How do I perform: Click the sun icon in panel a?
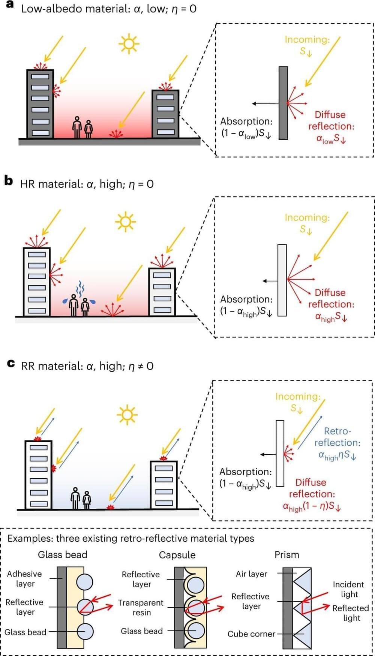click(x=128, y=43)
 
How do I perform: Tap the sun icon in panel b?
click(x=125, y=222)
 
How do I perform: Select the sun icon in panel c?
click(x=127, y=415)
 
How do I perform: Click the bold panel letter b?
click(x=8, y=181)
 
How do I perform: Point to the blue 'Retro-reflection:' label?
click(x=337, y=437)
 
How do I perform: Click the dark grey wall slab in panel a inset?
click(x=283, y=103)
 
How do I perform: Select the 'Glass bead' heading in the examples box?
click(x=63, y=554)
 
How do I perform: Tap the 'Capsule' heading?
click(x=177, y=555)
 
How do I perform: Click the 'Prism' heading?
click(x=287, y=554)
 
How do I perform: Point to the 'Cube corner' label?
click(x=251, y=634)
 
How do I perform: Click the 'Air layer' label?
click(x=251, y=574)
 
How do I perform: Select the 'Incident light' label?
click(x=348, y=589)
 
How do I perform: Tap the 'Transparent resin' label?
click(x=141, y=607)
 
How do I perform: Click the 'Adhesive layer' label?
click(x=24, y=578)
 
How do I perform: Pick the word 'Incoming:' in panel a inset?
click(x=307, y=39)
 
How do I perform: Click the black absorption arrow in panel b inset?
click(x=270, y=281)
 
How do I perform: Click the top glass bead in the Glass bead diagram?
click(x=84, y=581)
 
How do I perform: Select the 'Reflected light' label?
click(x=351, y=613)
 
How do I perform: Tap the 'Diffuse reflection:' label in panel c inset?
click(x=311, y=488)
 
